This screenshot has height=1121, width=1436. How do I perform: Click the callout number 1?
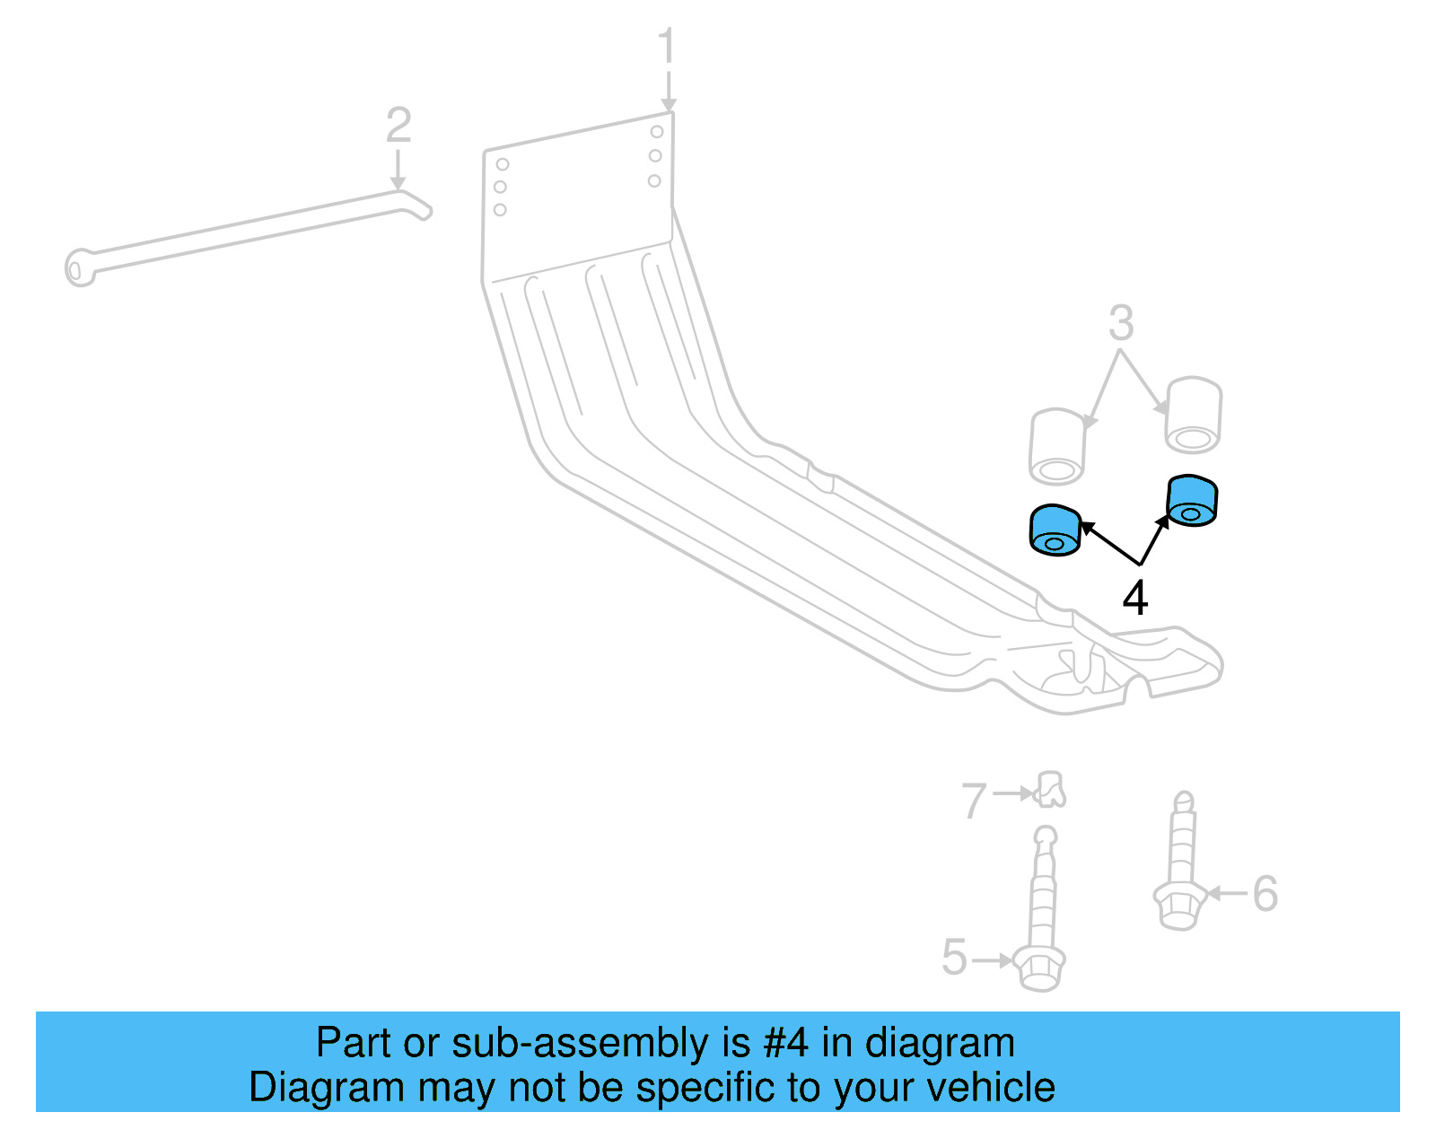(x=665, y=46)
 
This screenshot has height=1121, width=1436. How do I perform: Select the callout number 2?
(x=398, y=126)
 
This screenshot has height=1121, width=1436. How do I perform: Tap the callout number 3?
(x=1121, y=323)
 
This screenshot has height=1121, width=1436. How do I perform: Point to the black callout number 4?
(x=1135, y=598)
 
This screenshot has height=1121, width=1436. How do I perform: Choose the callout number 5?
(x=955, y=957)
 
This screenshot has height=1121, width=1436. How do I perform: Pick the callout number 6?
(x=1265, y=893)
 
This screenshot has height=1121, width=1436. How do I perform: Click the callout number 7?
(x=974, y=800)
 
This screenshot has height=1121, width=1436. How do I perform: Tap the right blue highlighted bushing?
(x=1192, y=501)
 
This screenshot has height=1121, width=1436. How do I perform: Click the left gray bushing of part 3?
(x=1057, y=446)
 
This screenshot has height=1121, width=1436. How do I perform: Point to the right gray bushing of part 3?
(x=1193, y=415)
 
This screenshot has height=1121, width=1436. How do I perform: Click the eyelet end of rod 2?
(x=78, y=268)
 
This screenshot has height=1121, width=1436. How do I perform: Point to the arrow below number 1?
(x=668, y=91)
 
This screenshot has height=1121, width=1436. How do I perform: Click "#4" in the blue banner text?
(x=785, y=1043)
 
